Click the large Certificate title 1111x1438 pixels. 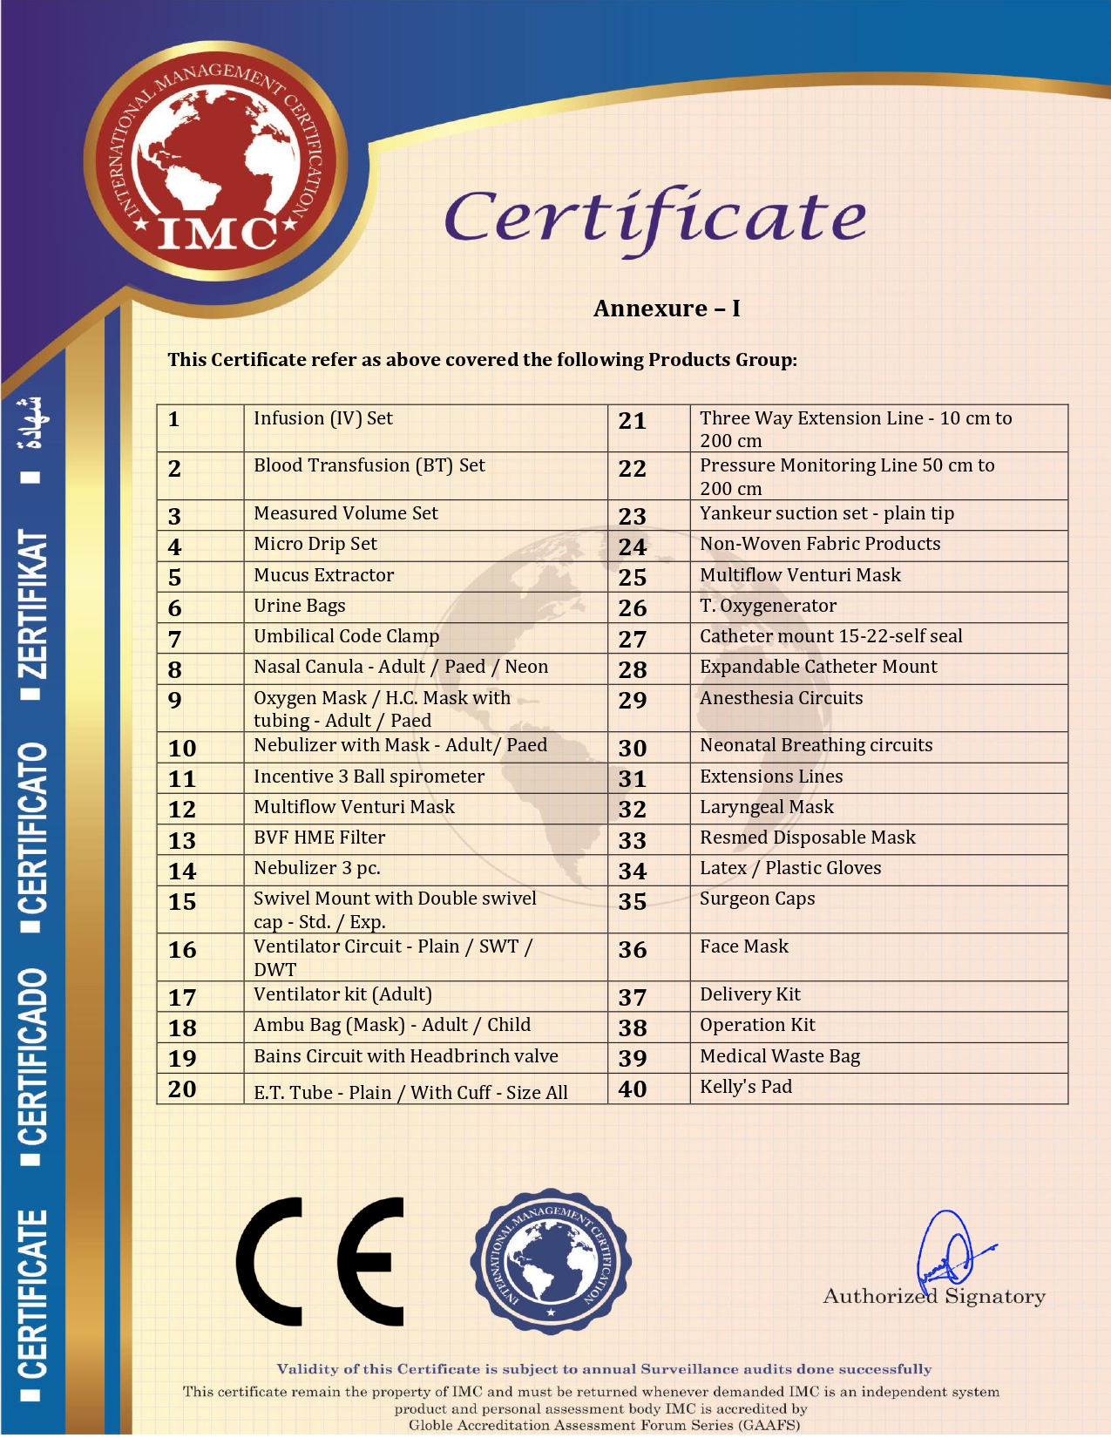[x=655, y=218]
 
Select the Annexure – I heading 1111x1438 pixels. [x=667, y=309]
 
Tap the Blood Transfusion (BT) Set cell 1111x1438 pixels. [x=369, y=465]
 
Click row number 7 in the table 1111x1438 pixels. [x=175, y=639]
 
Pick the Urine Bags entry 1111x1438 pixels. [x=300, y=606]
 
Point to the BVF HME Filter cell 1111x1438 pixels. [x=320, y=838]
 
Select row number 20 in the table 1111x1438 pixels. [x=182, y=1089]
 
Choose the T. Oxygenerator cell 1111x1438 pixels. [x=768, y=606]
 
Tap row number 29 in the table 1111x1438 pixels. [x=633, y=700]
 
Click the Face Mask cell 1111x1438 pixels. [x=744, y=946]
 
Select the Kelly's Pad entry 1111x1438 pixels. [x=746, y=1087]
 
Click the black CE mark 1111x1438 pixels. [x=320, y=1261]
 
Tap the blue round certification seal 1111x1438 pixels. [x=551, y=1261]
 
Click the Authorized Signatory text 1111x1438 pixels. [x=934, y=1297]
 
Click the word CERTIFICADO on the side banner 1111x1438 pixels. [x=33, y=1055]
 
